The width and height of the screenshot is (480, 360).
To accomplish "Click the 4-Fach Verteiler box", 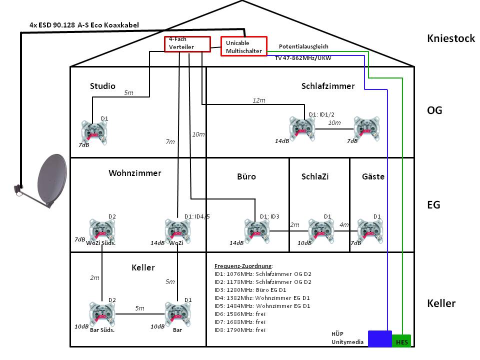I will point(181,43).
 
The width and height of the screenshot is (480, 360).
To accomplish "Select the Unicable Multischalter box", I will point(243,46).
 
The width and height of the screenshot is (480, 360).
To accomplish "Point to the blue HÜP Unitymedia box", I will point(379,338).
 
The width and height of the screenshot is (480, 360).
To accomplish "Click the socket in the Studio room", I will point(92,133).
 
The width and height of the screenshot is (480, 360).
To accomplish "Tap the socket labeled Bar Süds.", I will point(101,313).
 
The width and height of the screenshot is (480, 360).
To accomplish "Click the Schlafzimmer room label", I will point(328,86).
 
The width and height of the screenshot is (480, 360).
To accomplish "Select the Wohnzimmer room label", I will point(135,173).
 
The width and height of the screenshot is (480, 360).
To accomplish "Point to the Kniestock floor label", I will point(450,38).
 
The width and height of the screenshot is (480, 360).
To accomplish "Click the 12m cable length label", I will point(259,100).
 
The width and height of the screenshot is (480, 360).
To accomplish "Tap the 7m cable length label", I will point(170,142).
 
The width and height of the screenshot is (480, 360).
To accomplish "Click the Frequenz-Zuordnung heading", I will point(243,266).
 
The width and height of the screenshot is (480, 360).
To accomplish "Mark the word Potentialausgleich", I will point(303,46).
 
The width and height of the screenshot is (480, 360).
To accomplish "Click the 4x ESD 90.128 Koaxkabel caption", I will point(84,24).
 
